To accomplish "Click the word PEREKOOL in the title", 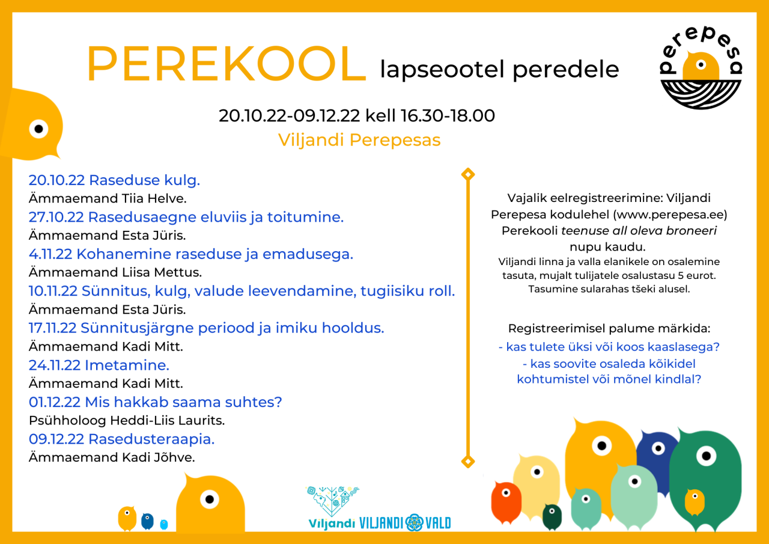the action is tap(226, 64).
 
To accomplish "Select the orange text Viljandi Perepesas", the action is tap(359, 140).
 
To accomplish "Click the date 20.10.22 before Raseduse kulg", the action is tap(56, 180).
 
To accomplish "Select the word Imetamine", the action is tap(127, 365).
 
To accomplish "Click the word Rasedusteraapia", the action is tap(151, 439).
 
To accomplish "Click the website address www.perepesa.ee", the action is tap(670, 215).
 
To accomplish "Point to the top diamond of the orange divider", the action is tap(468, 174).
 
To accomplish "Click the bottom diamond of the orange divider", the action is tap(468, 462).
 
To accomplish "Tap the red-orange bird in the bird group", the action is tap(506, 502).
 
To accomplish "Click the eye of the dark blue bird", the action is tap(658, 448).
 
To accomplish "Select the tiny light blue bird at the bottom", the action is tap(164, 524).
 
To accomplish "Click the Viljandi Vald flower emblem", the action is tap(415, 522).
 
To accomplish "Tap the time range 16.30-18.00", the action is tap(448, 116).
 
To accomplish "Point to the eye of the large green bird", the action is tap(706, 456).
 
